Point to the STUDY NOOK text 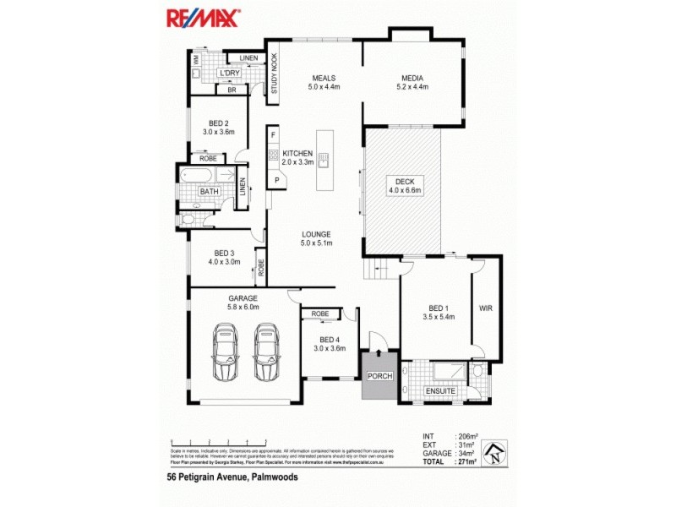click(x=274, y=78)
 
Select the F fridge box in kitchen click(x=273, y=135)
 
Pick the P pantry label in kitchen click(x=275, y=181)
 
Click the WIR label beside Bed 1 click(x=486, y=308)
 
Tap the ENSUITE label click(x=441, y=391)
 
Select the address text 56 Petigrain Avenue click(x=232, y=477)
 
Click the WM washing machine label click(x=197, y=60)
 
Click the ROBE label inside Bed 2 click(x=207, y=158)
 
